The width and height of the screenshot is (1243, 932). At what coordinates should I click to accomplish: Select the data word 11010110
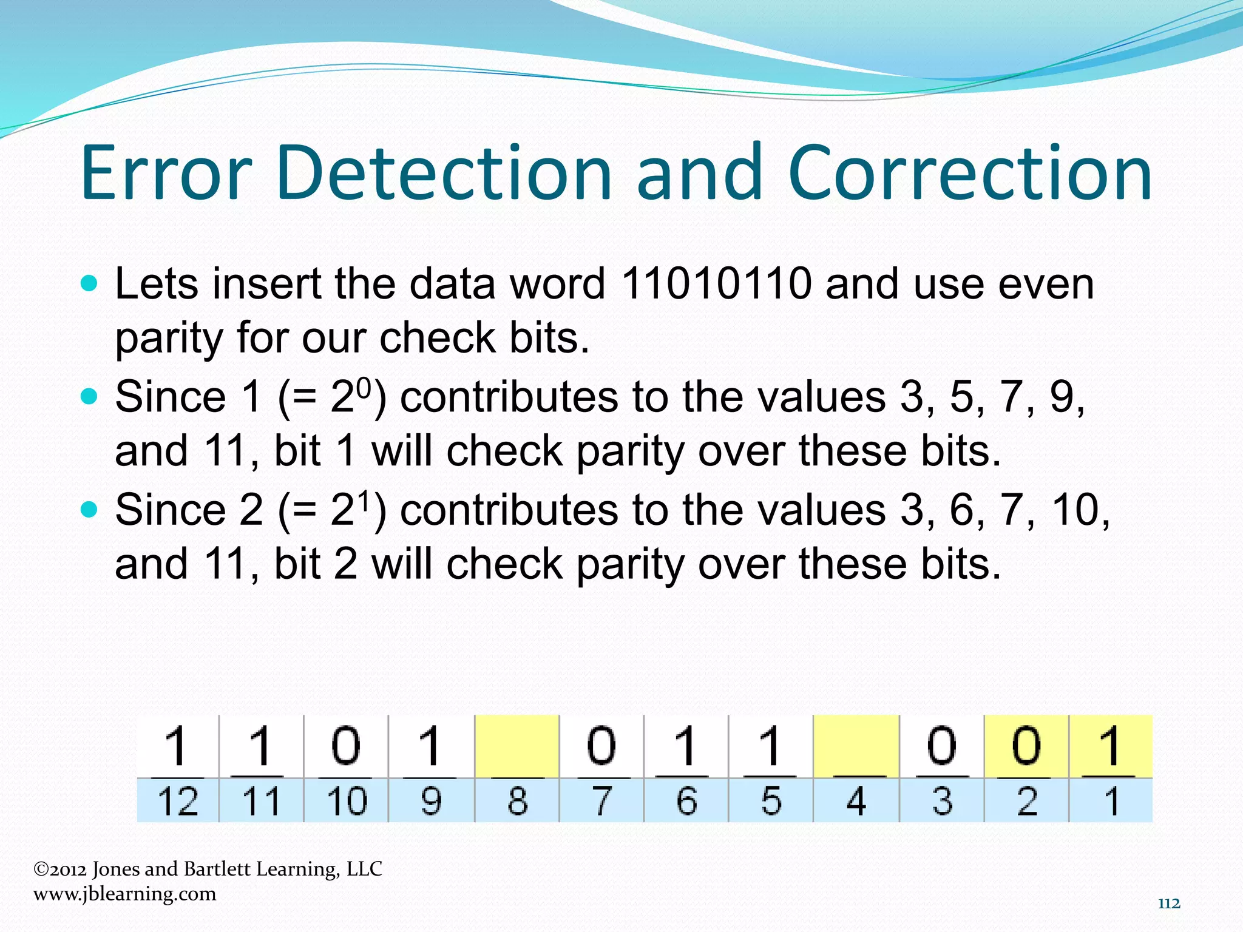point(716,283)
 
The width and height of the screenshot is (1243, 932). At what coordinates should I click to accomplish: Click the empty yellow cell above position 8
point(517,746)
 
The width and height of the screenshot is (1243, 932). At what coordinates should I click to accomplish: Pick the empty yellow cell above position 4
point(856,746)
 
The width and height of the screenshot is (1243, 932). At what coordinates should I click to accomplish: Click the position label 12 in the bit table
point(177,801)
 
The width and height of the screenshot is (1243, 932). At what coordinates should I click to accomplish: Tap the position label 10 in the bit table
point(347,801)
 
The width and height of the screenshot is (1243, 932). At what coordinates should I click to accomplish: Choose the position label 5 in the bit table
point(771,801)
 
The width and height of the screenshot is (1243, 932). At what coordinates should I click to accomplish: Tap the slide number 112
point(1169,903)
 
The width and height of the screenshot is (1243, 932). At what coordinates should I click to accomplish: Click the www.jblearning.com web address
point(124,894)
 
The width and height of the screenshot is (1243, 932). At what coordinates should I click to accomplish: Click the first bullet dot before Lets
point(89,283)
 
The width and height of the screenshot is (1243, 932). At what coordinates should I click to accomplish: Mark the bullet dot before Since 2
point(89,508)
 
